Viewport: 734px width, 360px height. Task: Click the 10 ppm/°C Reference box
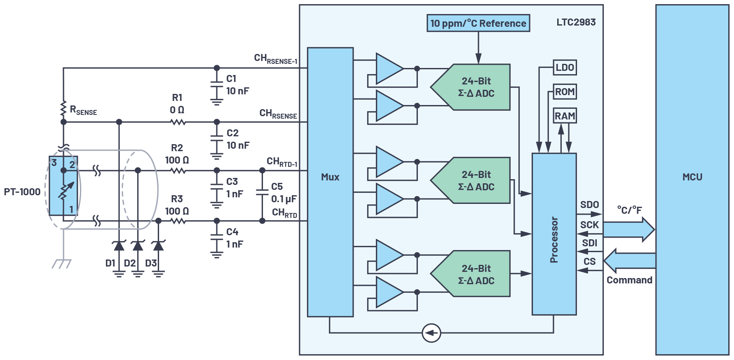[x=478, y=23]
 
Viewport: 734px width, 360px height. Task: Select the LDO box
[x=565, y=68]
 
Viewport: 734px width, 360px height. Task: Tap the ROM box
[x=565, y=92]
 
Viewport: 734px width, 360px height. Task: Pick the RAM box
[x=565, y=116]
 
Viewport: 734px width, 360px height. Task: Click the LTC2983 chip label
[x=576, y=22]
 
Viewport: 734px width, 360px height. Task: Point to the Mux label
[x=330, y=177]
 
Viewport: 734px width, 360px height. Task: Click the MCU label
[x=692, y=177]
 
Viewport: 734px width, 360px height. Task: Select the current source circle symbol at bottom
[x=431, y=333]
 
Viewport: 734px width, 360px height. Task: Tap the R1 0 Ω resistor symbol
[x=178, y=122]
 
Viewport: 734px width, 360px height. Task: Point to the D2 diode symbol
[x=138, y=246]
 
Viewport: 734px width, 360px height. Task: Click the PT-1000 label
[x=22, y=192]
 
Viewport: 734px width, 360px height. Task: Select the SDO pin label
[x=589, y=205]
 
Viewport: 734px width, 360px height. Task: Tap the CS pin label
[x=589, y=262]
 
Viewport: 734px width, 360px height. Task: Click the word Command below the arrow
[x=629, y=280]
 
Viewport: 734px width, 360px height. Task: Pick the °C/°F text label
[x=629, y=210]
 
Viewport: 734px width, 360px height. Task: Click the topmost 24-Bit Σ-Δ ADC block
[x=474, y=87]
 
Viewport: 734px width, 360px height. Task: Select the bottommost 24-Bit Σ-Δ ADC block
[x=474, y=274]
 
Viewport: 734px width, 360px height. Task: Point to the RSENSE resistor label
[x=83, y=110]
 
